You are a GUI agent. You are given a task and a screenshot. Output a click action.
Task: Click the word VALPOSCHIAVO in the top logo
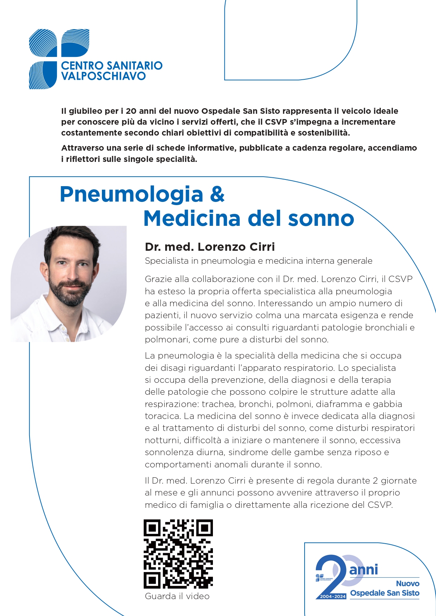click(x=103, y=76)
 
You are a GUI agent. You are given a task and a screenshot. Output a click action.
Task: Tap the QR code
click(x=178, y=554)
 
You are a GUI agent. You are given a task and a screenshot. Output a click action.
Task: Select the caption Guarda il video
click(x=177, y=596)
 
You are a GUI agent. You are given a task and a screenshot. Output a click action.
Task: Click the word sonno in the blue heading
click(x=320, y=218)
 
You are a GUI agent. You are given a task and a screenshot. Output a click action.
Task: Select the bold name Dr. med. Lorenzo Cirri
click(x=210, y=247)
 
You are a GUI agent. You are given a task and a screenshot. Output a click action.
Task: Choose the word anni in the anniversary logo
click(x=364, y=569)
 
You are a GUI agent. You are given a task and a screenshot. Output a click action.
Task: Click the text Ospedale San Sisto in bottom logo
click(x=385, y=593)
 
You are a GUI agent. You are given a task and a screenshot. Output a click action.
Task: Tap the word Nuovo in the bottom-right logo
click(x=408, y=583)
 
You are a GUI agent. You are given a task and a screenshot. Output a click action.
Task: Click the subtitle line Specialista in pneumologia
click(x=259, y=261)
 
